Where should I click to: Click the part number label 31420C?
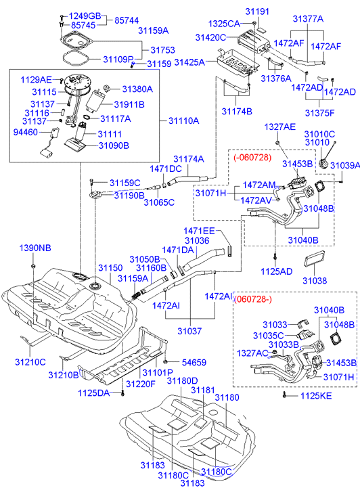(x=210, y=38)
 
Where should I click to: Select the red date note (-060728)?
(x=252, y=157)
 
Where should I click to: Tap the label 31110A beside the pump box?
(x=183, y=121)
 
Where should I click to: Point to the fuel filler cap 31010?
(x=324, y=164)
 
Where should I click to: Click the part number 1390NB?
(x=35, y=248)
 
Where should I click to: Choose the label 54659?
(x=194, y=363)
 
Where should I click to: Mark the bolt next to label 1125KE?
(x=284, y=395)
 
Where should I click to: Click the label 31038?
(x=315, y=281)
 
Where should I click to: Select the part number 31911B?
(x=129, y=104)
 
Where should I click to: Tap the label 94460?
(x=26, y=132)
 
